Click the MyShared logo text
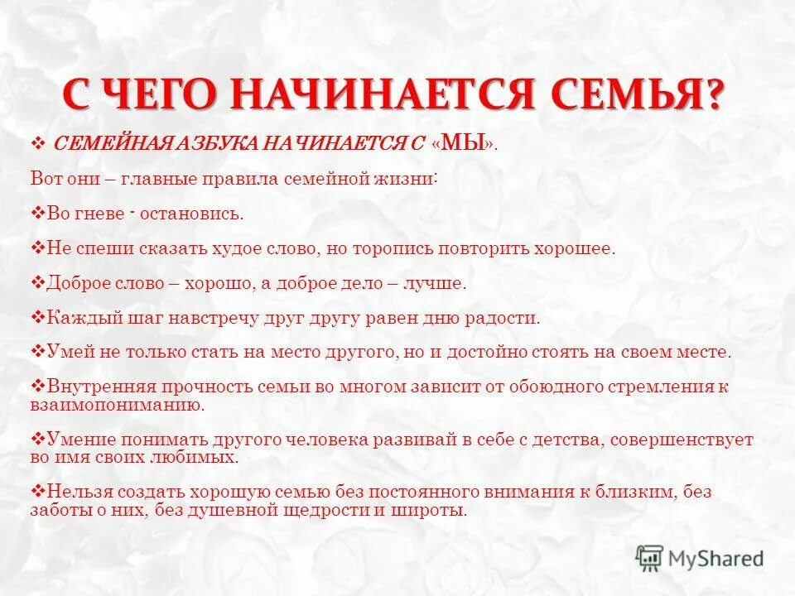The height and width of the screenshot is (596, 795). coord(716,559)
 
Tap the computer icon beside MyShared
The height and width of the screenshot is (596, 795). coord(650,558)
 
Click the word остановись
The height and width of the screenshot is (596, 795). coord(191,214)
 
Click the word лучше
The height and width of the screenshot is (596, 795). coord(435,283)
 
